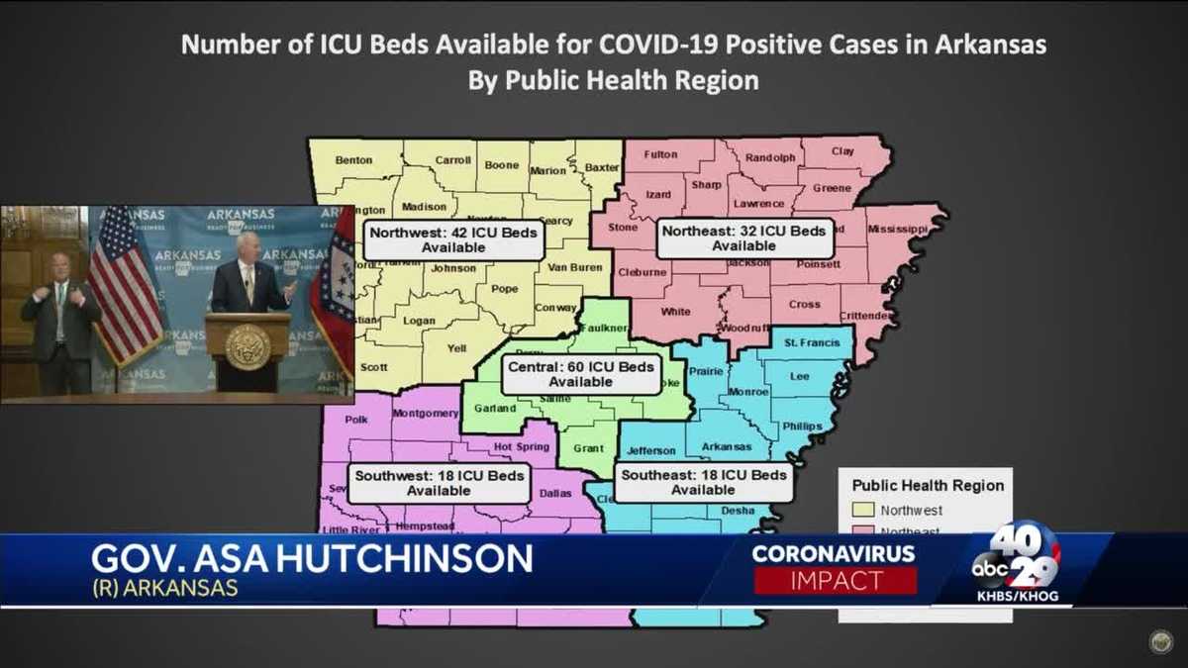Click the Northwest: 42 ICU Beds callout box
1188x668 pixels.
tap(453, 240)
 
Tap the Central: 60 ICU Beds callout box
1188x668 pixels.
tap(580, 374)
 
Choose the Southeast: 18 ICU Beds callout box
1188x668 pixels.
tap(703, 482)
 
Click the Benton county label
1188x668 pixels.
tap(353, 159)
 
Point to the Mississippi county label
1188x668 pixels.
tap(898, 229)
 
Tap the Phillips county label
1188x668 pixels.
tap(802, 427)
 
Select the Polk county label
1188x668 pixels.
tap(355, 420)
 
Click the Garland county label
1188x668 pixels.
tap(495, 408)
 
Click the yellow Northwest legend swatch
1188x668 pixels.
tap(862, 511)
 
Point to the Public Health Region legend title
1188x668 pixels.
tap(928, 486)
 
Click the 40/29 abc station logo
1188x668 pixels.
tap(1018, 560)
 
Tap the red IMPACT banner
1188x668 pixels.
tap(836, 581)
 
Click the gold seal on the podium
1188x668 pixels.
tap(247, 345)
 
